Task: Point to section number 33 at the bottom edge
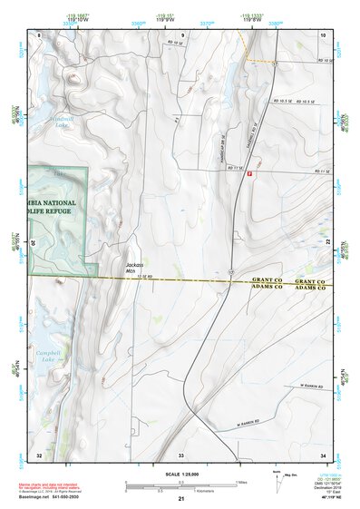tap(180, 454)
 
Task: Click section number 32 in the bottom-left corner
tap(39, 454)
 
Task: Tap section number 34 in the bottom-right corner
tap(323, 454)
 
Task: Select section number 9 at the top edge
tap(180, 34)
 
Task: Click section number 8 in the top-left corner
tap(39, 34)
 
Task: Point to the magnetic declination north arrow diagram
tap(276, 475)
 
